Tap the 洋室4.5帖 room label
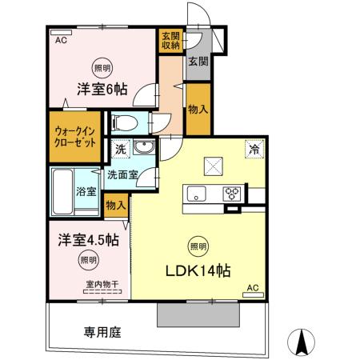(89, 240)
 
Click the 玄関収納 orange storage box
(170, 40)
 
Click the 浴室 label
(86, 192)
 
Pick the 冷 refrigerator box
(253, 148)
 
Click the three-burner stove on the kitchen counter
(233, 193)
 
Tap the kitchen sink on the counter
(197, 194)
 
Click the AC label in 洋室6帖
(61, 38)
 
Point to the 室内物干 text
(98, 284)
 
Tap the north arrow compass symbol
(303, 342)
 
